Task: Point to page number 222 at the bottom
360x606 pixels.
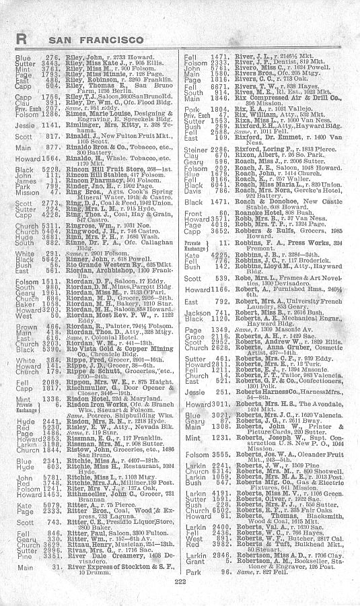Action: (x=179, y=580)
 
